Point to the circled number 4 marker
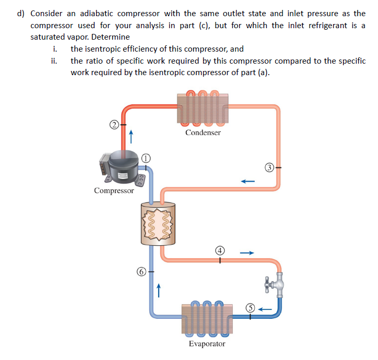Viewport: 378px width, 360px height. click(x=220, y=250)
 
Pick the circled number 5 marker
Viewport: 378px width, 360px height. click(x=250, y=308)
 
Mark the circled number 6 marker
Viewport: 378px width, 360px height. click(x=140, y=271)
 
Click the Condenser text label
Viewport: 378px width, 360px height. click(x=203, y=133)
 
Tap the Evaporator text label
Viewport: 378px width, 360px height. click(x=207, y=344)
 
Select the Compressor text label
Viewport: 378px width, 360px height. click(x=114, y=190)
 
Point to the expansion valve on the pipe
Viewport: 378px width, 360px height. click(x=278, y=285)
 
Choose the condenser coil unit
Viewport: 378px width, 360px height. click(x=203, y=109)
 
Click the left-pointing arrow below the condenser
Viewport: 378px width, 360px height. click(x=247, y=182)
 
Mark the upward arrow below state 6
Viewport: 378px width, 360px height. click(x=158, y=289)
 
